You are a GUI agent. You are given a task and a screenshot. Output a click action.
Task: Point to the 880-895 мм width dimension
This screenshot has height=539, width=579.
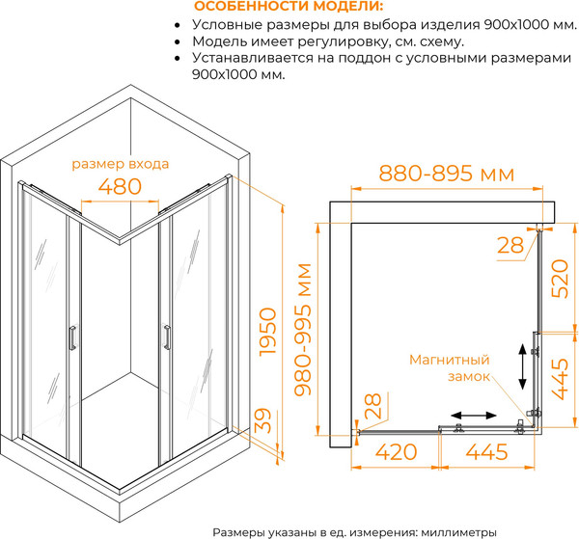point(446,175)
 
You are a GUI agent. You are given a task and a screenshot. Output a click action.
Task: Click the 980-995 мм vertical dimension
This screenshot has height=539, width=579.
point(306,332)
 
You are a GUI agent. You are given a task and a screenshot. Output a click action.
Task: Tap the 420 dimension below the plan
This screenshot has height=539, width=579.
point(397,451)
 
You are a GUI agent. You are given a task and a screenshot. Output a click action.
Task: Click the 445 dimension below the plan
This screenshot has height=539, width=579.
point(488,451)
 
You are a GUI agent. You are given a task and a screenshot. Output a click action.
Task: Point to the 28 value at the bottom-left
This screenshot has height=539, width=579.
point(372,406)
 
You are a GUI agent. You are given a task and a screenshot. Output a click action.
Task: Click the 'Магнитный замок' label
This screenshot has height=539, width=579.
point(451,367)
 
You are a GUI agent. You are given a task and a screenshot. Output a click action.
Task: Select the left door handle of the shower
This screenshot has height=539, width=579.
point(70,339)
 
